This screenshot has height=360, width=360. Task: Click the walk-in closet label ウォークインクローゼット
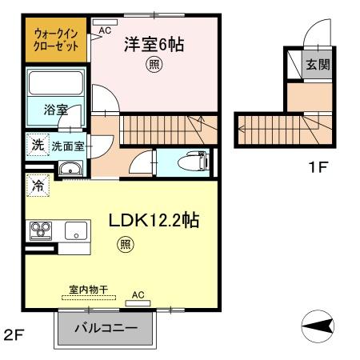pos(55,41)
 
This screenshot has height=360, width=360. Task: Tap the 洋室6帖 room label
pos(154,45)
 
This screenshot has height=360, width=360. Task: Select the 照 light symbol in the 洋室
pos(153,66)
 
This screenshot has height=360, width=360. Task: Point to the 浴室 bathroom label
pos(55,110)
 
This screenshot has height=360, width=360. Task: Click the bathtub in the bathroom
pos(55,84)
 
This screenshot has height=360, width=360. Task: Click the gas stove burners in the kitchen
pos(39,231)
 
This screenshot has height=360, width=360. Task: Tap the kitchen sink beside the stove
pos(77,231)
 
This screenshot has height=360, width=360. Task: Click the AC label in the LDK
pos(138,294)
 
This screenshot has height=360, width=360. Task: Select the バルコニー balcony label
pos(106,327)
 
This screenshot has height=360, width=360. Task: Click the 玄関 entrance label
pos(318,66)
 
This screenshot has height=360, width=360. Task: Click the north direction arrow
pos(318,326)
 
